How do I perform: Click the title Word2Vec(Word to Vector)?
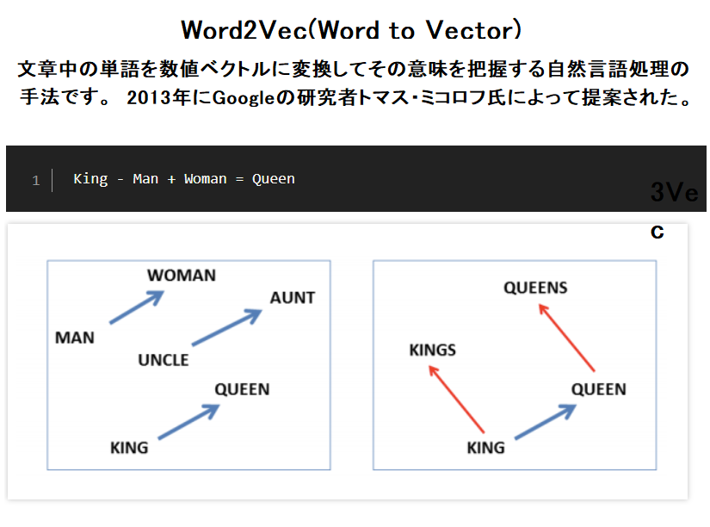tap(351, 30)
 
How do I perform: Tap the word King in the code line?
tap(90, 179)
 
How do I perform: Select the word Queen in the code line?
tap(273, 179)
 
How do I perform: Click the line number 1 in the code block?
tap(36, 181)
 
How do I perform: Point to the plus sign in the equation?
tap(171, 180)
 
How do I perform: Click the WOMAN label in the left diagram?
tap(182, 275)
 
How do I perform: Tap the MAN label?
tap(75, 338)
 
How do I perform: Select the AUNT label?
tap(293, 298)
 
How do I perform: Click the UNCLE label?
tap(164, 360)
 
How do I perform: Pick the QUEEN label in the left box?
tap(242, 389)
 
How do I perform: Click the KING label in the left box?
tap(129, 448)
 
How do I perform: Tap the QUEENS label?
tap(535, 288)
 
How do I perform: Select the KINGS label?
tap(433, 350)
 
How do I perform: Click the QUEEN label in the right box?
tap(599, 389)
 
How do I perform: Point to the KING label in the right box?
tap(486, 448)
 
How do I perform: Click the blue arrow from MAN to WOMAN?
tap(137, 307)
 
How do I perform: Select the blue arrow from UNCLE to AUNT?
tap(227, 327)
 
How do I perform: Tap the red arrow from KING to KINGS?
tap(456, 400)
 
